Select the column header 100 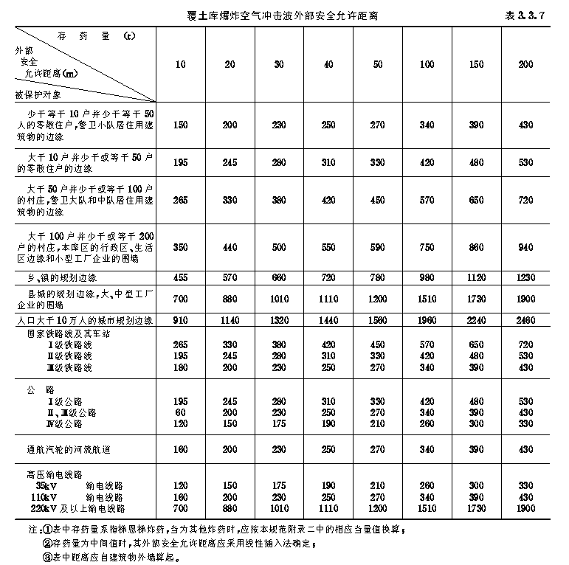[427, 64]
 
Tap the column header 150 [477, 64]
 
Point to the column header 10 [181, 64]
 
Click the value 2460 [525, 321]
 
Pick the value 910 [181, 321]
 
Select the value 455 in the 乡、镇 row [181, 277]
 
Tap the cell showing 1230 [525, 277]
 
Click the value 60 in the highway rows [181, 412]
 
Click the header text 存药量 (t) [95, 35]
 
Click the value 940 [525, 247]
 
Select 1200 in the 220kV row [378, 509]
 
